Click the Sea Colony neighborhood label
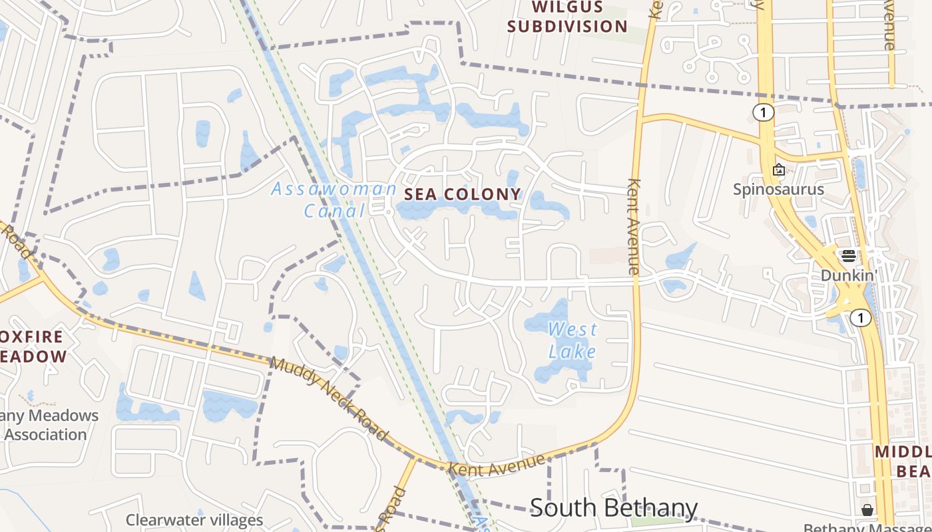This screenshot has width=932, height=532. (x=463, y=194)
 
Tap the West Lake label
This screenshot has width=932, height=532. (x=572, y=340)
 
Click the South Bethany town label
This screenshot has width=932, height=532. (x=613, y=508)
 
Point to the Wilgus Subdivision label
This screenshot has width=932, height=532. (x=567, y=18)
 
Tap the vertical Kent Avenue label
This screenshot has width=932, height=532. (x=633, y=226)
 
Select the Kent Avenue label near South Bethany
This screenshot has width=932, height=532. (x=497, y=465)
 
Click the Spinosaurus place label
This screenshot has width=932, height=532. (x=778, y=190)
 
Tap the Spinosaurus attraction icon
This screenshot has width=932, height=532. (x=778, y=170)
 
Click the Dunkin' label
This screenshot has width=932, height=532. (x=848, y=275)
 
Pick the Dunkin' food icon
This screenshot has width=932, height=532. (x=848, y=256)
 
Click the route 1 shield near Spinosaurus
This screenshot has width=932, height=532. (x=764, y=112)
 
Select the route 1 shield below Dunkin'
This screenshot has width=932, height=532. (x=861, y=319)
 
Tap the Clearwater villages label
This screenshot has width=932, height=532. (x=194, y=520)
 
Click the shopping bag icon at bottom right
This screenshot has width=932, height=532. (x=867, y=510)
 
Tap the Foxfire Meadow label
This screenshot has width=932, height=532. (x=33, y=346)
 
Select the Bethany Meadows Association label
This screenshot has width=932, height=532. (x=47, y=425)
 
